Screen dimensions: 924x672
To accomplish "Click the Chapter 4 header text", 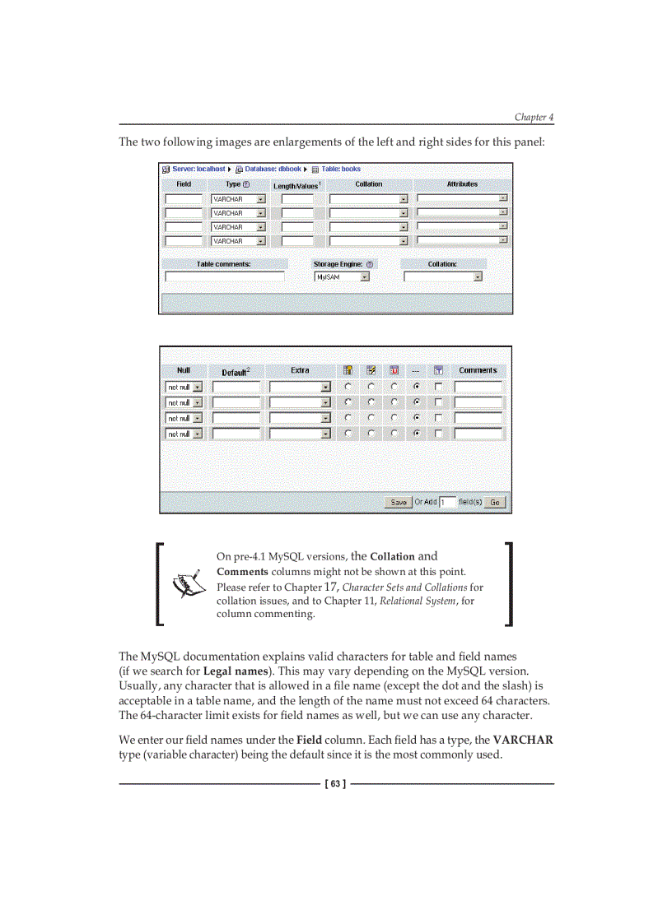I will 534,117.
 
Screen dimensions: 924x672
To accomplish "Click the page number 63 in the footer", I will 335,784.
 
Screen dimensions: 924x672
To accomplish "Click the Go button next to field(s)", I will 495,502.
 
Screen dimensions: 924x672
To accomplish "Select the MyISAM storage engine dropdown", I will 342,277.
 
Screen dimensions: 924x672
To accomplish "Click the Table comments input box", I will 224,277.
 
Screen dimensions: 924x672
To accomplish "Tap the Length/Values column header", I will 296,185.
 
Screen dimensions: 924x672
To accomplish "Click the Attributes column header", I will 462,184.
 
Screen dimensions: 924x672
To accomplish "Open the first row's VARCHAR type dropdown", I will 238,199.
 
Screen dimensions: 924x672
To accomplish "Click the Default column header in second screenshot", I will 236,372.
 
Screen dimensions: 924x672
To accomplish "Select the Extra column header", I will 300,370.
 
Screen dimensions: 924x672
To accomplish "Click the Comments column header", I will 478,370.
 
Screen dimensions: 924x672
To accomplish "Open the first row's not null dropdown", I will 184,387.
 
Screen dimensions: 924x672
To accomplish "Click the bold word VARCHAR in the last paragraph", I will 522,740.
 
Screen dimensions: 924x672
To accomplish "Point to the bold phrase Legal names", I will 235,671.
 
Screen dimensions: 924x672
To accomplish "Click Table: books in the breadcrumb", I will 340,169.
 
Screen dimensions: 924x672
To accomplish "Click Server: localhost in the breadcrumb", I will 198,169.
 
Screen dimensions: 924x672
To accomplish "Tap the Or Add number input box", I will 447,502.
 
